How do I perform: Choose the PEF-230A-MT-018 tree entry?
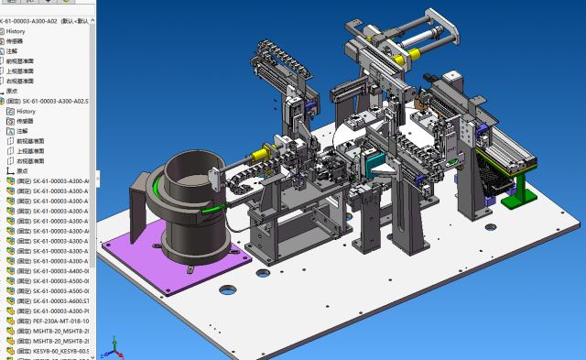[x=54, y=321]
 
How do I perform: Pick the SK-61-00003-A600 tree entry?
[x=55, y=301]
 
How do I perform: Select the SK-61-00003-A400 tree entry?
[x=55, y=271]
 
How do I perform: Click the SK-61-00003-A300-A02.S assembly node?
[x=55, y=101]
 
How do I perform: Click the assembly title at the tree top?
[x=46, y=20]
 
